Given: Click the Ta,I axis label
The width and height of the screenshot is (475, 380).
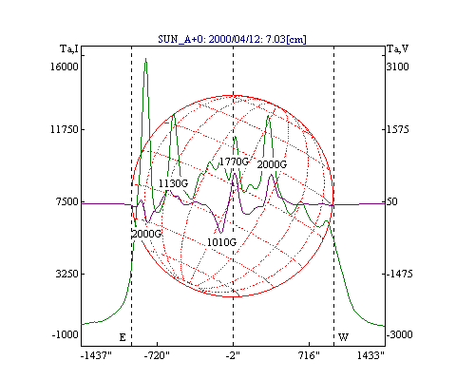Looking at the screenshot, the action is (69, 49).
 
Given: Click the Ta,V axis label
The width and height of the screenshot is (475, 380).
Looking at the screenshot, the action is (398, 49).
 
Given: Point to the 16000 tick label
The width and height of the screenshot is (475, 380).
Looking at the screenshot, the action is (65, 66).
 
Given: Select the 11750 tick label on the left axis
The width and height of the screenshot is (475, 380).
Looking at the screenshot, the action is (65, 129).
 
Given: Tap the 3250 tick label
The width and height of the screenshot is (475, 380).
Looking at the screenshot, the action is (66, 274).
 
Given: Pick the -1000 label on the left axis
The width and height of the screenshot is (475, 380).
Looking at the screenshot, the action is (66, 334).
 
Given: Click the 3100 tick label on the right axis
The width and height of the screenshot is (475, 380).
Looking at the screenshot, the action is (398, 66).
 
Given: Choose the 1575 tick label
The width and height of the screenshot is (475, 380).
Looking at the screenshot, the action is (398, 129).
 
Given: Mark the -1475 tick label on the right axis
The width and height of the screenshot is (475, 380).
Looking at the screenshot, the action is (400, 274).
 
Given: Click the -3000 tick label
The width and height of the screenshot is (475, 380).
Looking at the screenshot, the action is (400, 334).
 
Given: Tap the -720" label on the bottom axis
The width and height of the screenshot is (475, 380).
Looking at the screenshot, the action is (157, 355).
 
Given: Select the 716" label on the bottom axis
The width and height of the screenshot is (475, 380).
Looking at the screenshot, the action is (308, 355).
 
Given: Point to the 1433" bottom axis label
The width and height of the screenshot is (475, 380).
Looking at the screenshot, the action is (370, 355).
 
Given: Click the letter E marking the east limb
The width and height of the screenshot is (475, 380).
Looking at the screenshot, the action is (123, 337).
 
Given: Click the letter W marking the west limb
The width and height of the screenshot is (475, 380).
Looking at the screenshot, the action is (343, 337).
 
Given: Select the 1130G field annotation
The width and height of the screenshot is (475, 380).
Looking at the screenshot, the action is (174, 183).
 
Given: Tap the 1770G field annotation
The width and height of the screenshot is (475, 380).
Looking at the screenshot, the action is (235, 161).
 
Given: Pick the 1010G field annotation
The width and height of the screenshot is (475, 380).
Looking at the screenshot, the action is (221, 242).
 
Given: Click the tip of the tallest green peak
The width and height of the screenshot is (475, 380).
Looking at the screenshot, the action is (145, 58).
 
